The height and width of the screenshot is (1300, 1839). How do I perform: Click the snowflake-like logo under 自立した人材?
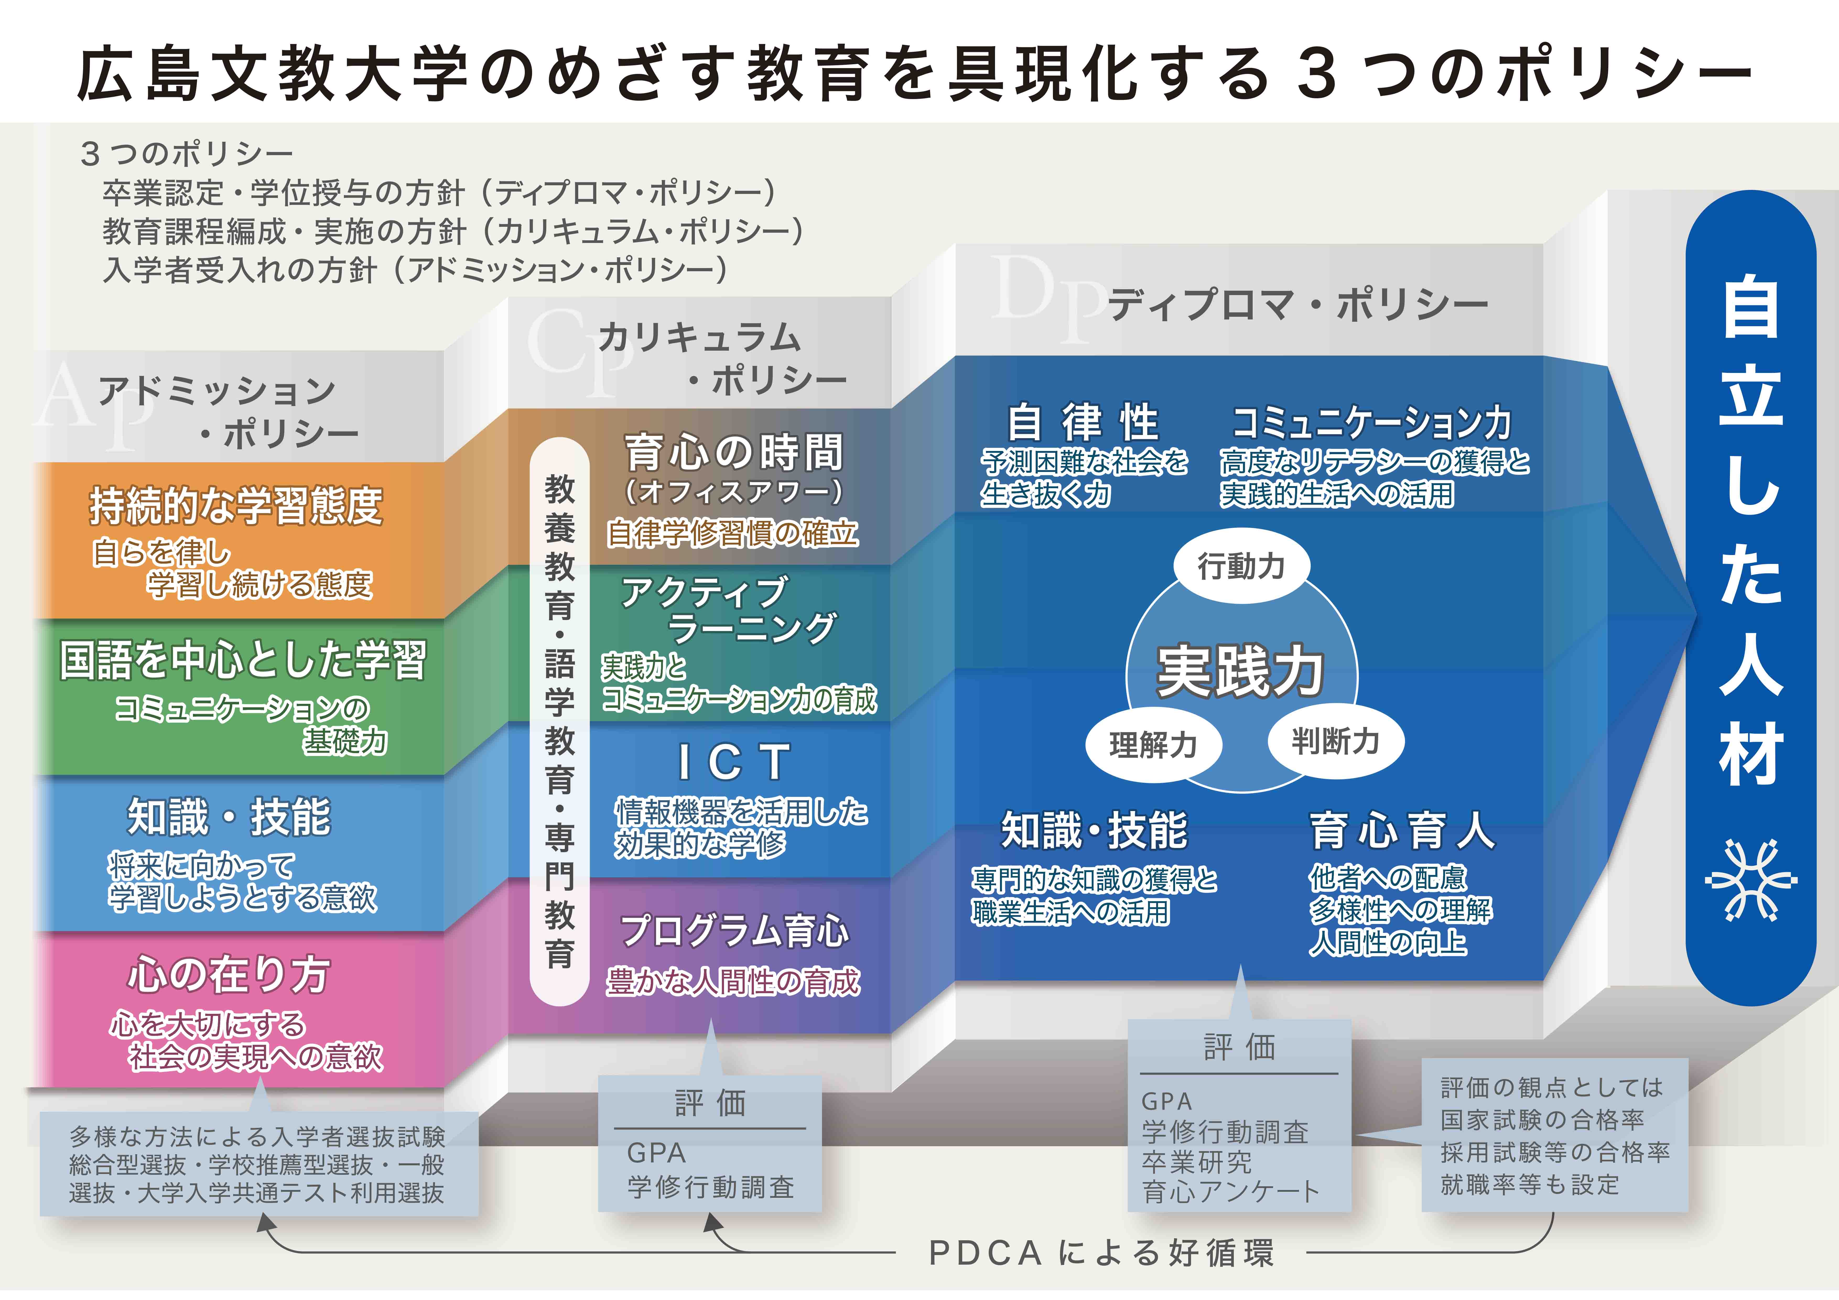point(1751,879)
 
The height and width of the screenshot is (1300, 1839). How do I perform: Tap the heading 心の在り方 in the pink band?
point(229,974)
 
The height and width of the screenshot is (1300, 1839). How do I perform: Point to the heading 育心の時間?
point(734,452)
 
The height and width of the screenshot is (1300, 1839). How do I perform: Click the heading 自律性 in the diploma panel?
point(1083,422)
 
